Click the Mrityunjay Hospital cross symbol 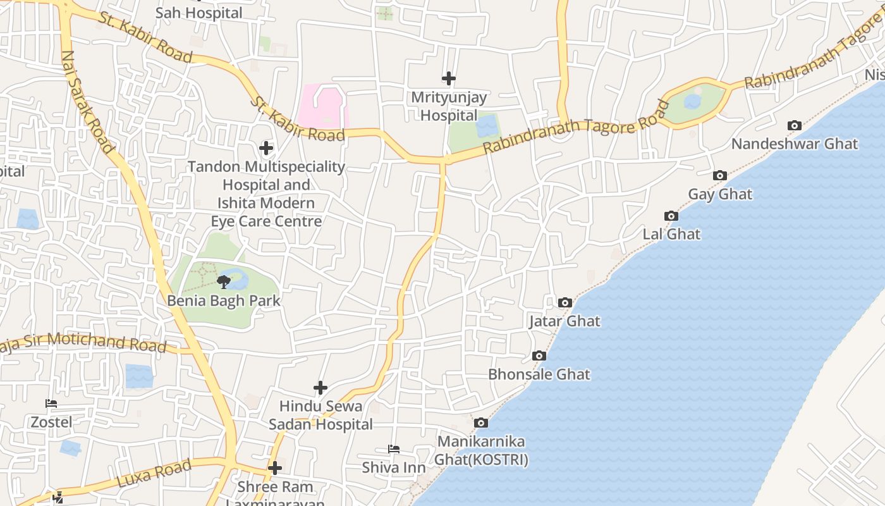click(448, 78)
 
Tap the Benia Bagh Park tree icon click(223, 281)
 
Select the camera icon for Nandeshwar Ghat click(795, 125)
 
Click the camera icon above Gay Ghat click(719, 175)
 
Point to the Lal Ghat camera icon click(671, 216)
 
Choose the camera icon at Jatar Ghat click(565, 302)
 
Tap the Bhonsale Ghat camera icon click(539, 355)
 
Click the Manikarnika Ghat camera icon click(481, 423)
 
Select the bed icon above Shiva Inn click(393, 449)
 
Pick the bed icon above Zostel click(51, 404)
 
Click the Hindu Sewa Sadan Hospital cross click(320, 387)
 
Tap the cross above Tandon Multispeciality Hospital click(266, 148)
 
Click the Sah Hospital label click(198, 13)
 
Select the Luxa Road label click(154, 473)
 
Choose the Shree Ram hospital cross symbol click(274, 468)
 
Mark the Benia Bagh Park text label click(224, 300)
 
